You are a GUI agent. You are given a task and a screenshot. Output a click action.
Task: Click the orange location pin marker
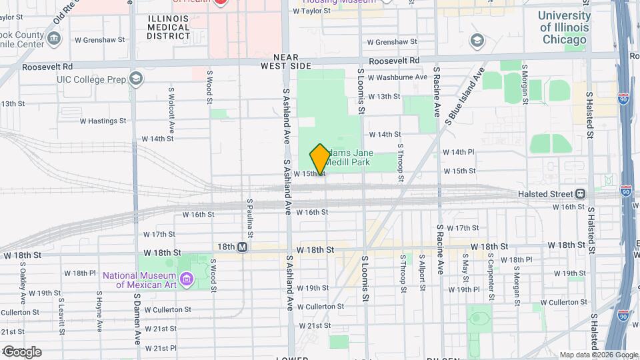[320, 159]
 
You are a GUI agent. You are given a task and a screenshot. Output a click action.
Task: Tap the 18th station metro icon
[243, 247]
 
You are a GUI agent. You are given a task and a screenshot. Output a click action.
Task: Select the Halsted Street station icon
[581, 194]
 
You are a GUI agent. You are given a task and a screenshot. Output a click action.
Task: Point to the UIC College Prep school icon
[137, 79]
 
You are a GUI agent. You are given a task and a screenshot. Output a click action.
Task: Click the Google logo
[21, 352]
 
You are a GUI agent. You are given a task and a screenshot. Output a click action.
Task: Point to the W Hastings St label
[103, 121]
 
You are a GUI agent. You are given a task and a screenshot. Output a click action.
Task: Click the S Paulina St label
[249, 217]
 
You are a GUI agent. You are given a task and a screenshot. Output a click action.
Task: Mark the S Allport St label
[423, 273]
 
